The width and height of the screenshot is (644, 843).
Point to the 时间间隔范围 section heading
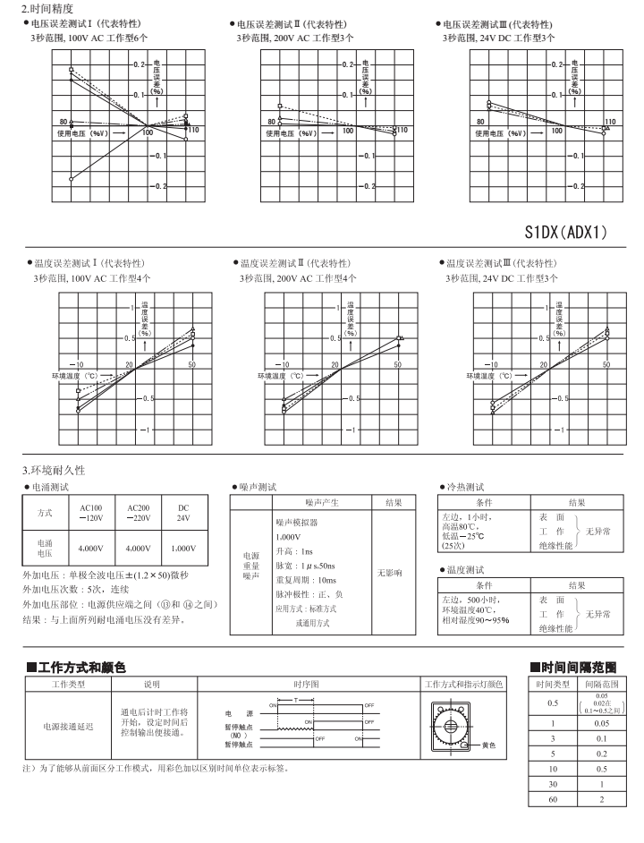572,667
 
